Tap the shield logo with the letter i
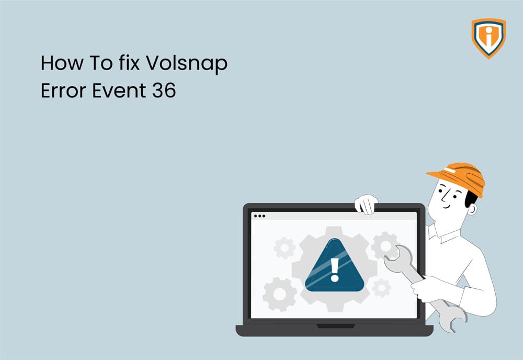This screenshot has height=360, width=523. [x=488, y=38]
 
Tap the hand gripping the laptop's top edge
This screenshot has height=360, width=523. [x=366, y=203]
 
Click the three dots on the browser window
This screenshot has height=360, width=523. [x=259, y=216]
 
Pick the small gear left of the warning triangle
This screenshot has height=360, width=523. [x=284, y=248]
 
